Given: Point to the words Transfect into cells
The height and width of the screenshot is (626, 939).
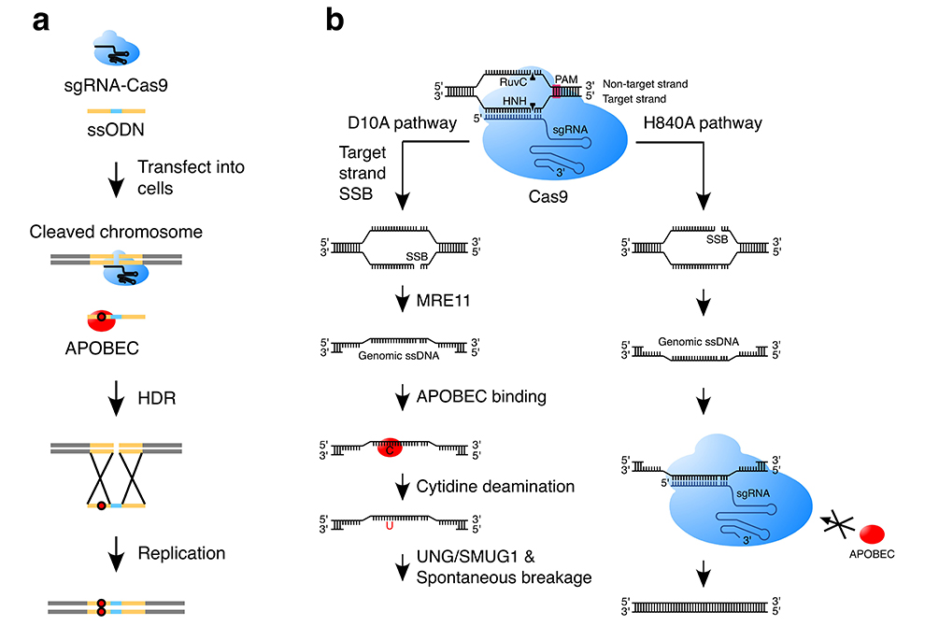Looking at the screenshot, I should (x=191, y=178).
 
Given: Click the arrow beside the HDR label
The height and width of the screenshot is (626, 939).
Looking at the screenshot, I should (x=116, y=400).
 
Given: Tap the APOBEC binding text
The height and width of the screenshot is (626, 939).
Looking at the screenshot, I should (x=491, y=396).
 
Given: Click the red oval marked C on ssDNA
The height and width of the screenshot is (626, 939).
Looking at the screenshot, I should (x=386, y=448).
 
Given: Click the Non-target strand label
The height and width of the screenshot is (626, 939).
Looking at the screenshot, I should (x=646, y=84).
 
